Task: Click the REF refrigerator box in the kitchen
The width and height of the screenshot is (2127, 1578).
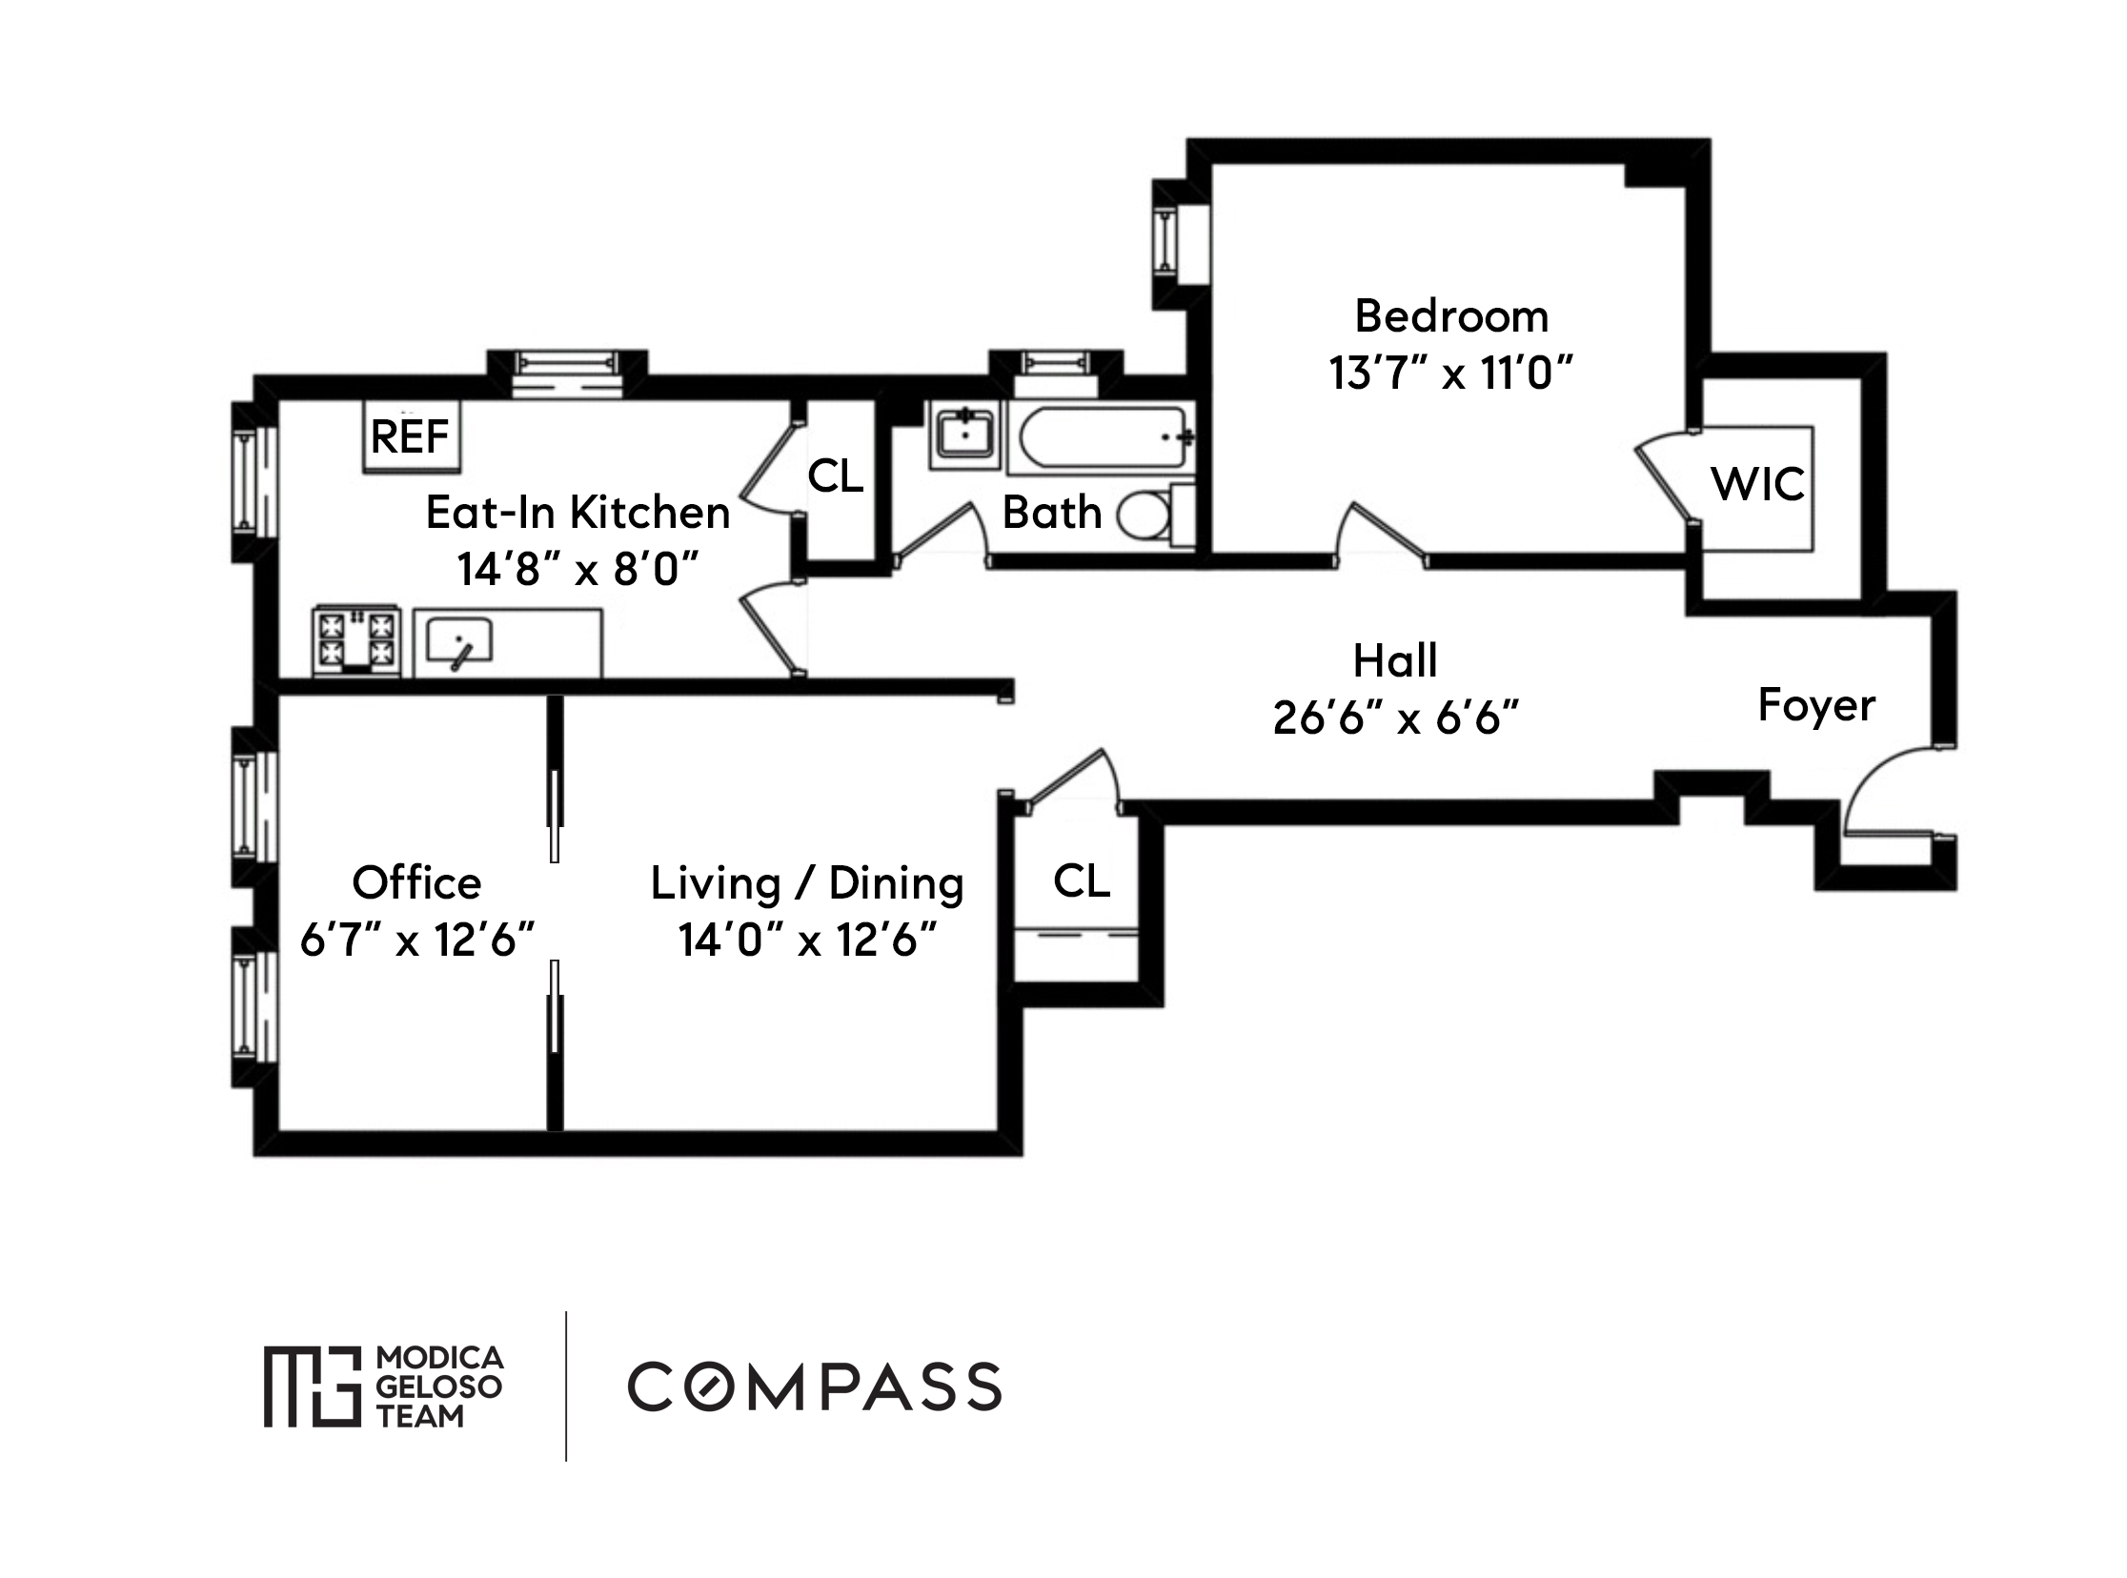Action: (x=411, y=436)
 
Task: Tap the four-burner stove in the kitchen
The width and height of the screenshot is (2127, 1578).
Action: (x=355, y=640)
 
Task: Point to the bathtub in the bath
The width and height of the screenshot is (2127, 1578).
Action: (x=1102, y=437)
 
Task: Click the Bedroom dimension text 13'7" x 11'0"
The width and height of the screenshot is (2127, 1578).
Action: (x=1449, y=373)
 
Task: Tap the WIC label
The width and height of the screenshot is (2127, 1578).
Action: (x=1757, y=484)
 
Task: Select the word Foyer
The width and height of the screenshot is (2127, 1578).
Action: (x=1815, y=706)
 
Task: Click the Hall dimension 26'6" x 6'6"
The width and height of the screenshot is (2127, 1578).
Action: (x=1394, y=718)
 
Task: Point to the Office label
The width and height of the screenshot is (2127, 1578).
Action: (x=416, y=882)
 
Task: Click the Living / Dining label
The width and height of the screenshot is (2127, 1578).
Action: (x=806, y=882)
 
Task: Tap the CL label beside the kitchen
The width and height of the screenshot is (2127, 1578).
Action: (x=835, y=475)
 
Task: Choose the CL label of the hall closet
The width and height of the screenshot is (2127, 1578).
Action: (x=1082, y=880)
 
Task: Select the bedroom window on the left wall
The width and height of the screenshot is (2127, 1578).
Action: (x=1166, y=244)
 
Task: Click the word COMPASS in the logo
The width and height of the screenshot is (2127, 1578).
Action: (x=814, y=1387)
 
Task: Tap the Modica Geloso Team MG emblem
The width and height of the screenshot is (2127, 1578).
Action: (x=313, y=1386)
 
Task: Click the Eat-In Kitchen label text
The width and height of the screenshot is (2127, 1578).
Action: (x=577, y=513)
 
